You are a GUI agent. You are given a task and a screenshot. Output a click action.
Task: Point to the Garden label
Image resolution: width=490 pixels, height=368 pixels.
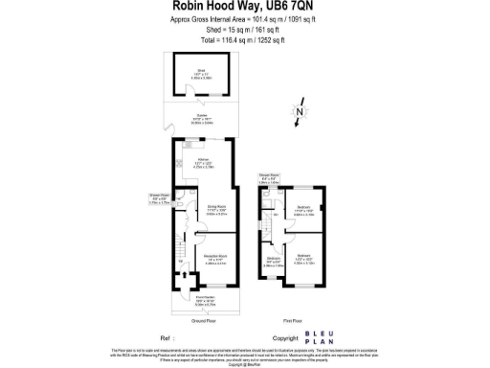(x=203, y=120)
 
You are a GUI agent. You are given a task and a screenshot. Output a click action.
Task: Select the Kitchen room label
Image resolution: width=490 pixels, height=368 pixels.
(x=203, y=159)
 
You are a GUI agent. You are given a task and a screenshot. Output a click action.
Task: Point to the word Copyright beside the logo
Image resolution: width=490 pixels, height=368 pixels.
(x=286, y=338)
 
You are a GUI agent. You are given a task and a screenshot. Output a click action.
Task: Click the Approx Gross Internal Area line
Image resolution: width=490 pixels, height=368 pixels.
(x=244, y=19)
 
